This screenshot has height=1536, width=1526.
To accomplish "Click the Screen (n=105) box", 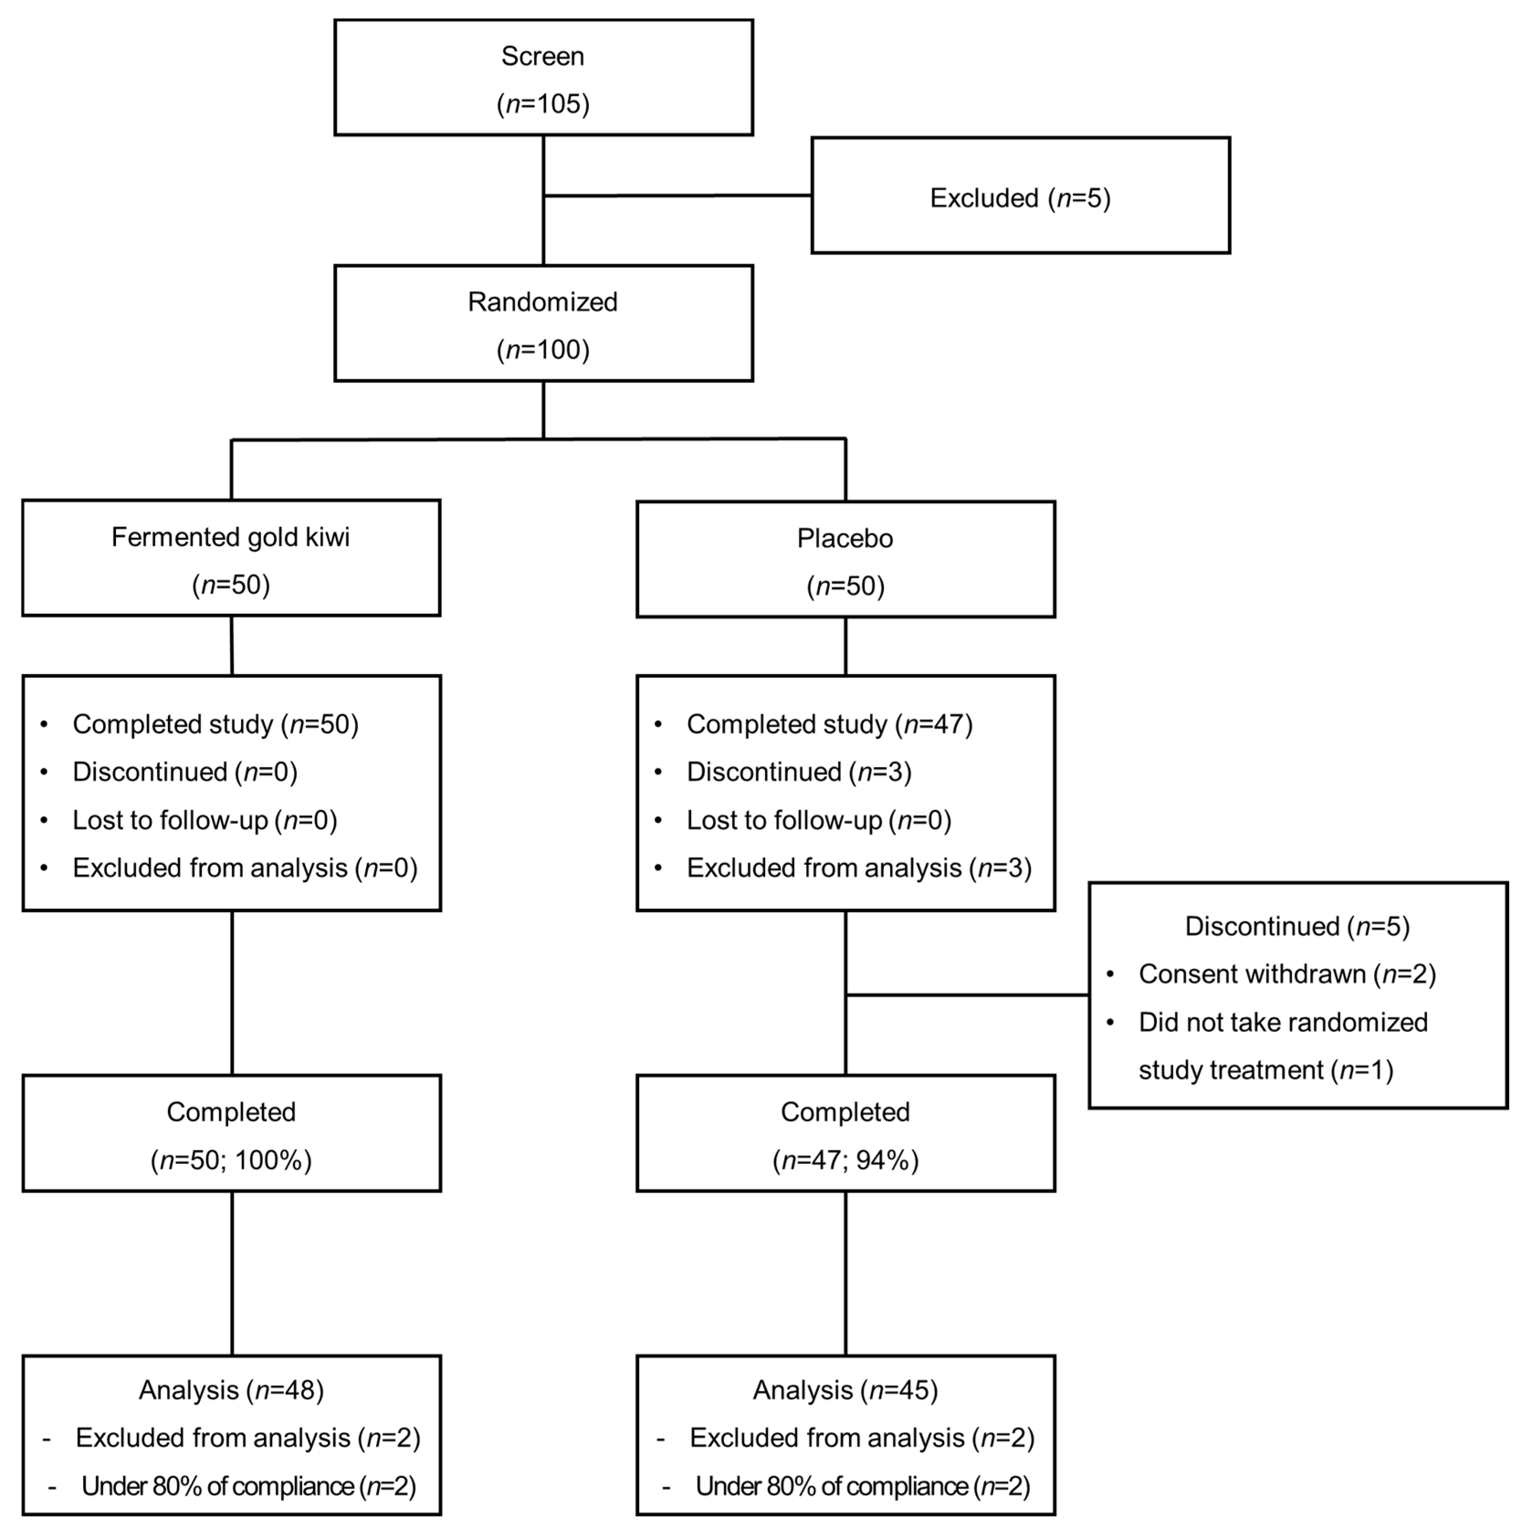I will click(x=543, y=78).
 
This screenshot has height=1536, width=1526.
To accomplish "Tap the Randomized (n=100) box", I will click(x=543, y=324).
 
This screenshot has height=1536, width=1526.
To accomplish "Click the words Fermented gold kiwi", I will click(x=231, y=537).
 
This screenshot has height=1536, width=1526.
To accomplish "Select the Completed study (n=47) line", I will click(x=829, y=724).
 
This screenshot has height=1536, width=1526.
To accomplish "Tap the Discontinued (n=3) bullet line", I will click(x=798, y=772).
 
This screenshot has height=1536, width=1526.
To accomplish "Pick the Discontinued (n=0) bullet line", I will click(x=184, y=772).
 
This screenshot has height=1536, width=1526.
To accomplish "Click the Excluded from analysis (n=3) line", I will click(x=859, y=867).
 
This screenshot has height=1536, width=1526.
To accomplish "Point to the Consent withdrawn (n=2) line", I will click(x=1287, y=974).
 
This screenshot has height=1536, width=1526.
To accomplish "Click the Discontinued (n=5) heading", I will click(x=1297, y=926).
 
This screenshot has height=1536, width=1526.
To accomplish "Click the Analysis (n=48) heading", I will click(x=231, y=1390).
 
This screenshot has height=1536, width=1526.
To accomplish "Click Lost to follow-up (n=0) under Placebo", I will click(x=819, y=820).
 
